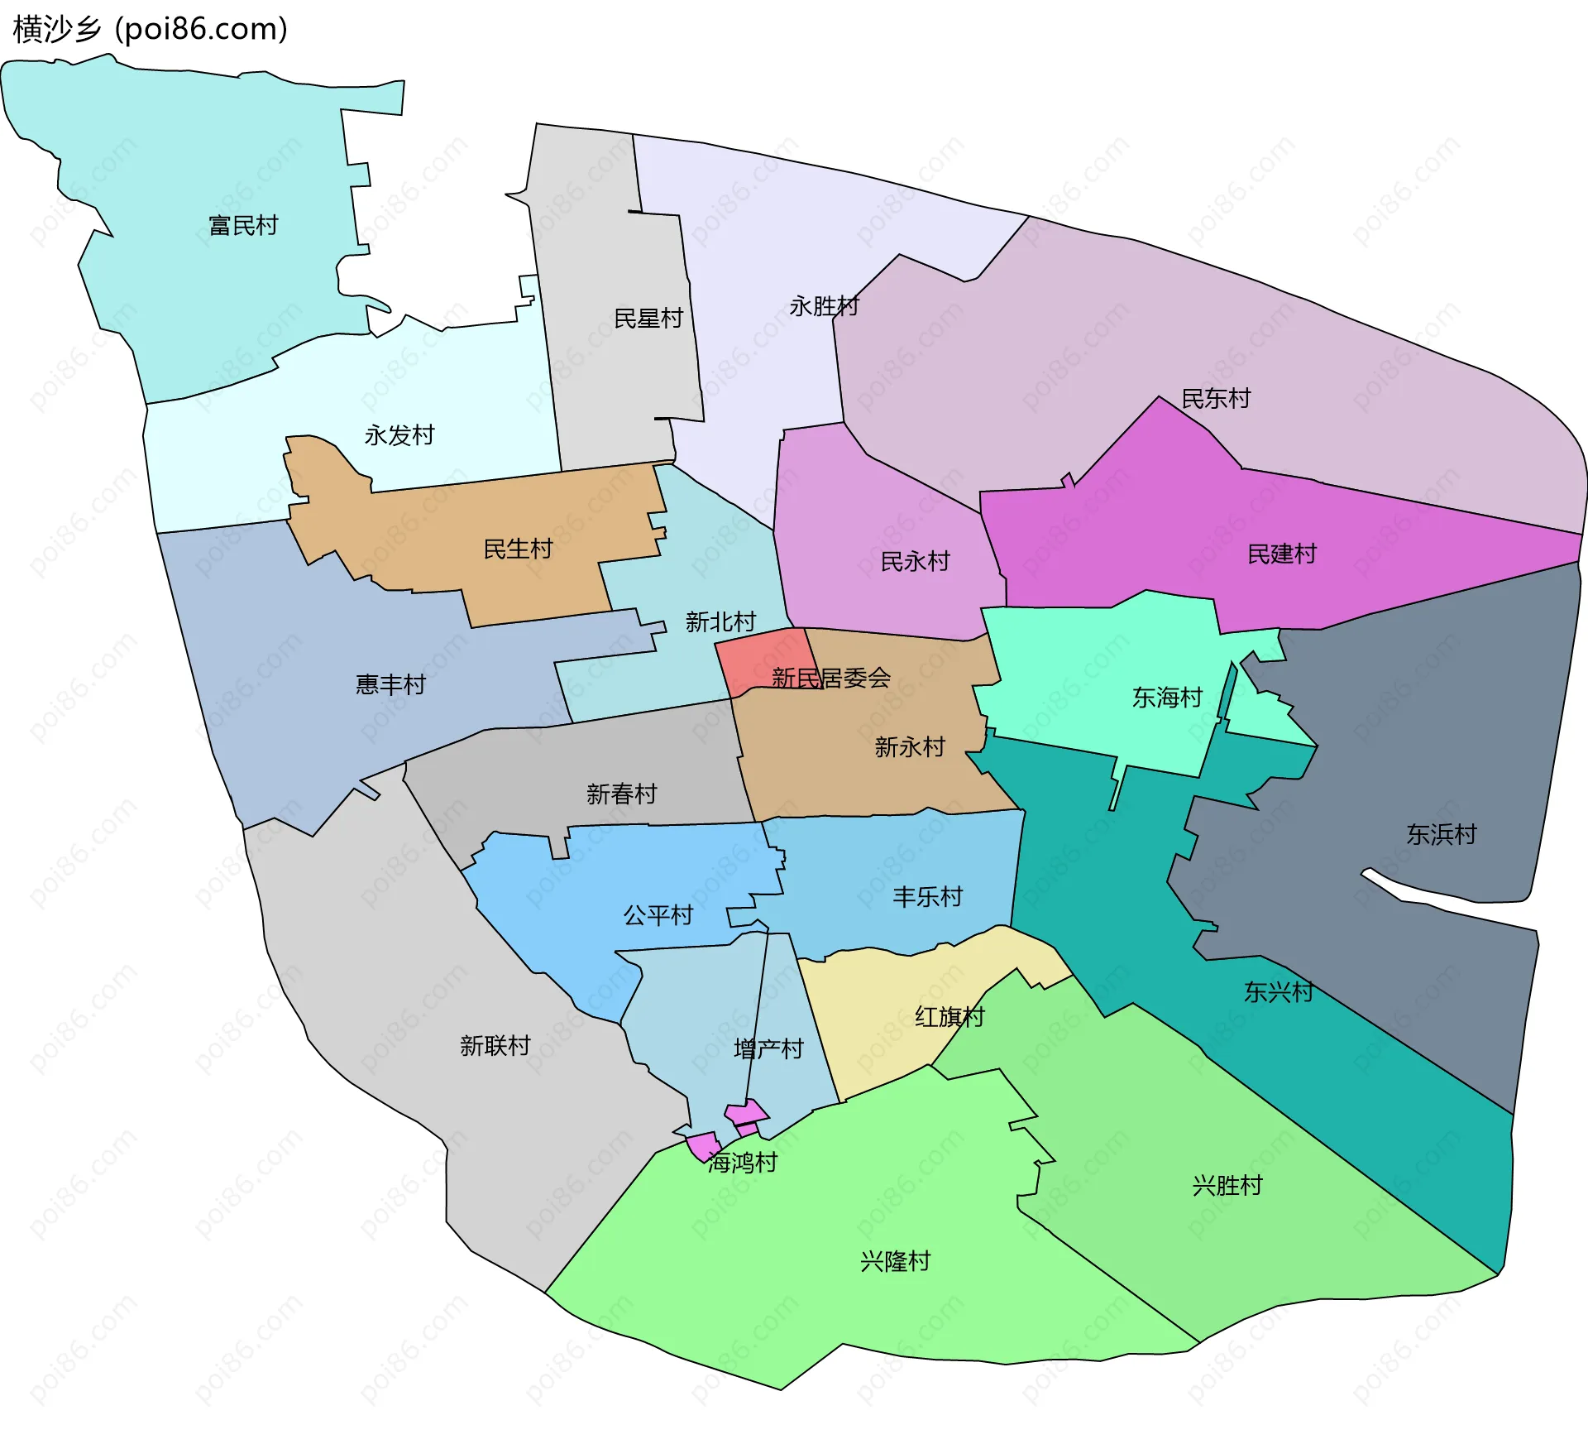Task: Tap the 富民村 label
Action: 243,225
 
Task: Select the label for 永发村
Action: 399,435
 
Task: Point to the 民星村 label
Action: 648,319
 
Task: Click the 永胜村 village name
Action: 824,306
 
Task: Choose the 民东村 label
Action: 1216,399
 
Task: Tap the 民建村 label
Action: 1282,554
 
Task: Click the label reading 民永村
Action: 915,562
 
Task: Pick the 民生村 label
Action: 518,549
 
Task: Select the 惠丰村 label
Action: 390,684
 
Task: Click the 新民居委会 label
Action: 831,679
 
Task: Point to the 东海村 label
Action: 1167,698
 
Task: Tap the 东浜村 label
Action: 1442,834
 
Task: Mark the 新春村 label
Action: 622,794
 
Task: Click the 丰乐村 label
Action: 928,896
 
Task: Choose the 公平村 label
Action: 658,915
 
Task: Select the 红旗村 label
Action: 949,1016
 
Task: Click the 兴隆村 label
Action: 896,1261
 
